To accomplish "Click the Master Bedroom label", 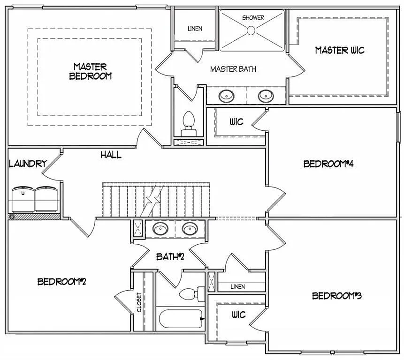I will click(90, 71).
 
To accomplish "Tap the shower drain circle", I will click(251, 30).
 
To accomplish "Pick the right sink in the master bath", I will click(266, 96).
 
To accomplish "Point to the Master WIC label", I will click(339, 50).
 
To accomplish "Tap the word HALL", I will click(111, 155).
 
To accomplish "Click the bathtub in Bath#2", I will click(180, 320).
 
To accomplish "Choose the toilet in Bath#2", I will click(189, 294).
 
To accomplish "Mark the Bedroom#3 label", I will click(336, 296).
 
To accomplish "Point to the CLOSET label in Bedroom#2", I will click(139, 302).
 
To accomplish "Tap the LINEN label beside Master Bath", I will click(195, 29).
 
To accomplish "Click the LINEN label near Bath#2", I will click(237, 286).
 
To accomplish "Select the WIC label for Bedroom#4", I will click(236, 122).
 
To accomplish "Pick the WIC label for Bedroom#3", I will click(238, 315).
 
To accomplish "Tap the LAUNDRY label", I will click(28, 164).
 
